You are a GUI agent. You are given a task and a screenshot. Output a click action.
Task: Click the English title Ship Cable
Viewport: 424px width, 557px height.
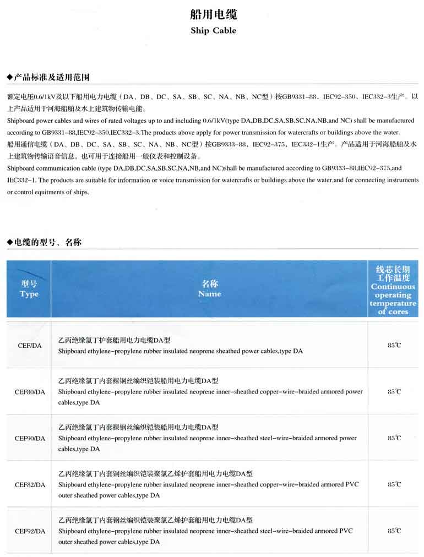pyautogui.click(x=213, y=31)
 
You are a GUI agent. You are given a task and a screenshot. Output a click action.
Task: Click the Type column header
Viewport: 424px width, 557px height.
pyautogui.click(x=29, y=289)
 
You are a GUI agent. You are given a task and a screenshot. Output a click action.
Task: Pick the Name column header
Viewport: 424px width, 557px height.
pyautogui.click(x=210, y=289)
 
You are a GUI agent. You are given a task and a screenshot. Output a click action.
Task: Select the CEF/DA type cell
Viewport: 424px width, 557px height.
pyautogui.click(x=29, y=346)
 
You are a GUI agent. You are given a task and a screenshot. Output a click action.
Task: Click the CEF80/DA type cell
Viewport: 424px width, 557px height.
pyautogui.click(x=29, y=392)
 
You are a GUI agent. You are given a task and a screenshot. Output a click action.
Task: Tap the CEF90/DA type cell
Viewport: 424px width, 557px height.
pyautogui.click(x=29, y=438)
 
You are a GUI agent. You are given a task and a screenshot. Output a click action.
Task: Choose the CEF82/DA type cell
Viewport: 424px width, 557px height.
pyautogui.click(x=29, y=484)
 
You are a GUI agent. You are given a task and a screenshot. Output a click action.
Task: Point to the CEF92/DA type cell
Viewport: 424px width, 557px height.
pyautogui.click(x=29, y=531)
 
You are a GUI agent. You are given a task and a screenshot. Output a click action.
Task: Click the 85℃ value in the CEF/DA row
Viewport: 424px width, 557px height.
pyautogui.click(x=394, y=345)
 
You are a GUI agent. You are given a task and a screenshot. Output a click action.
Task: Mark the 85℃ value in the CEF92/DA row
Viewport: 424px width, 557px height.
pyautogui.click(x=394, y=531)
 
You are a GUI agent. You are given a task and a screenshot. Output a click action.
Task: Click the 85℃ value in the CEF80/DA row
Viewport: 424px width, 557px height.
pyautogui.click(x=394, y=391)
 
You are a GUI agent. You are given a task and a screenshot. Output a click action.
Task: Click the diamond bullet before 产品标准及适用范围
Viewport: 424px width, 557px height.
pyautogui.click(x=9, y=76)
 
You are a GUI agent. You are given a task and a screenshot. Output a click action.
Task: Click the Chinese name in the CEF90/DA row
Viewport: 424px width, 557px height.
pyautogui.click(x=138, y=427)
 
